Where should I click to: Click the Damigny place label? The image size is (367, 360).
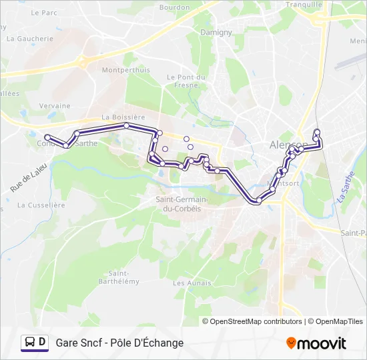tap(216, 32)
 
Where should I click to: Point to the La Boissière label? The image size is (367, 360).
tap(123, 117)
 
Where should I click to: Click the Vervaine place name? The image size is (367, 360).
tap(55, 105)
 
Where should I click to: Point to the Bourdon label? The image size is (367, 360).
tap(175, 7)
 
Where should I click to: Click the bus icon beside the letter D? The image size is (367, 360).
tap(29, 342)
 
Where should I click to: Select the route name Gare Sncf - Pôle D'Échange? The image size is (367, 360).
tap(119, 343)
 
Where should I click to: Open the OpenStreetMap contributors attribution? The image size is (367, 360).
tap(256, 321)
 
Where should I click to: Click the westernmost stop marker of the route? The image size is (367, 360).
tap(47, 137)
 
